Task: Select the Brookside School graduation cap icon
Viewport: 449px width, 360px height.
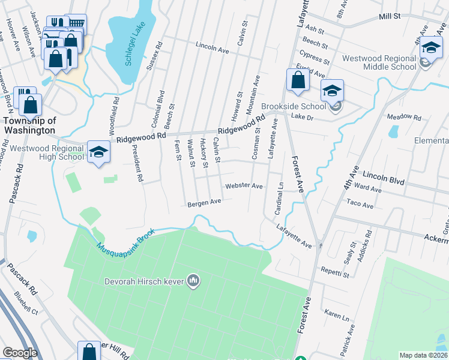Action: pyautogui.click(x=331, y=91)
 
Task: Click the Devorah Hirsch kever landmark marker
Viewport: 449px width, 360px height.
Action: pyautogui.click(x=193, y=280)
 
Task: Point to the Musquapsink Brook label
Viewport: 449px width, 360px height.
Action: pyautogui.click(x=125, y=239)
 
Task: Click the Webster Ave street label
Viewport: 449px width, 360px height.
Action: pyautogui.click(x=244, y=186)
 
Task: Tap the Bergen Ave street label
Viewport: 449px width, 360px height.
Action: pyautogui.click(x=205, y=203)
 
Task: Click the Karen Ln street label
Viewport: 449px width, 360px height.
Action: pyautogui.click(x=336, y=314)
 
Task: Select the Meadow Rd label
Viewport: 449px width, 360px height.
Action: pyautogui.click(x=405, y=116)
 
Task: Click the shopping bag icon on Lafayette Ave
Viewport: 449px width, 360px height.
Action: pyautogui.click(x=298, y=81)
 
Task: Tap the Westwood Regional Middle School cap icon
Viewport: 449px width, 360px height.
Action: pyautogui.click(x=431, y=48)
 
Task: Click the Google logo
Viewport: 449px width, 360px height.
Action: pyautogui.click(x=20, y=353)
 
